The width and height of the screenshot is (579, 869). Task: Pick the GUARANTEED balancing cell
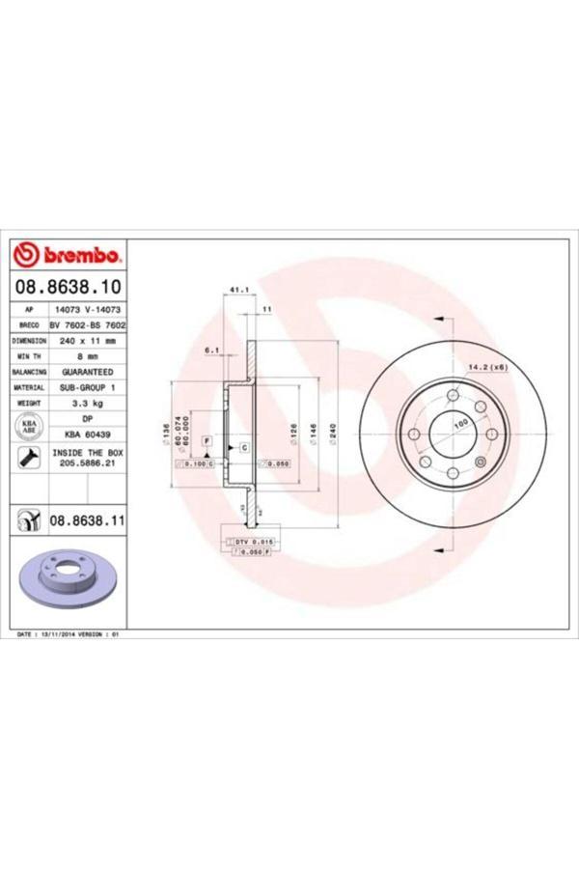[x=87, y=371]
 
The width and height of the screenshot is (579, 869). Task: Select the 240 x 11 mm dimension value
[x=87, y=341]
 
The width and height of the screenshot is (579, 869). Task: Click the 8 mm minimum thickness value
[x=87, y=356]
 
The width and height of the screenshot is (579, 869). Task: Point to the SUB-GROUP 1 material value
[x=87, y=386]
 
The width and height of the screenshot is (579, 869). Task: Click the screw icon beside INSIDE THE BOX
[x=28, y=458]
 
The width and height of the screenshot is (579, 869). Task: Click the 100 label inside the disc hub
[x=459, y=424]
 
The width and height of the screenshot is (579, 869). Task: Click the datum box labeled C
[x=244, y=448]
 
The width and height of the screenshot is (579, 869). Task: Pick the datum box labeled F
[x=207, y=441]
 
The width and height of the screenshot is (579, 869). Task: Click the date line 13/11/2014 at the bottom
[x=72, y=635]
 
